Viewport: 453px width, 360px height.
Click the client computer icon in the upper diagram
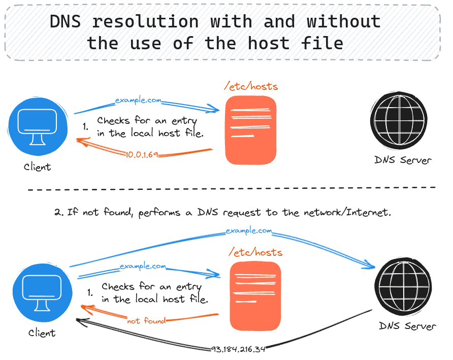coord(37,127)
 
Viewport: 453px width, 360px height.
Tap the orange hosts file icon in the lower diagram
coord(255,297)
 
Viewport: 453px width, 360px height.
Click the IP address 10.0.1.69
coord(142,154)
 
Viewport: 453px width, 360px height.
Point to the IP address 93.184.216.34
coord(238,349)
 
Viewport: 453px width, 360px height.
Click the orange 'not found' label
coord(146,321)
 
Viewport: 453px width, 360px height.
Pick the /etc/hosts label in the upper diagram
coord(251,86)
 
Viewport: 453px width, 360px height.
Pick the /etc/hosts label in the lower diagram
coord(255,252)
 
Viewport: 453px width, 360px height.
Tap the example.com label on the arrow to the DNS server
coord(249,231)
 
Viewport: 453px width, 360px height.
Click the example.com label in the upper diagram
coord(138,101)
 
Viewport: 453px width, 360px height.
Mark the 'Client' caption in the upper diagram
coord(37,167)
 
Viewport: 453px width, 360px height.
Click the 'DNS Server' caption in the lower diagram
coord(407,325)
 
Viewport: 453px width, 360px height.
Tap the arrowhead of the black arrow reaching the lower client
coord(79,320)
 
